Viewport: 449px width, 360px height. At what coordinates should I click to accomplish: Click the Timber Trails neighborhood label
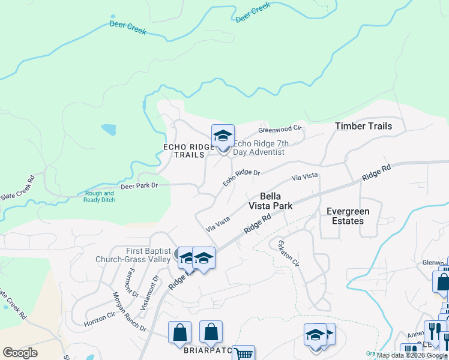click(x=363, y=126)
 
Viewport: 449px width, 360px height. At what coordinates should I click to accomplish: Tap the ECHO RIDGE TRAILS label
click(x=189, y=151)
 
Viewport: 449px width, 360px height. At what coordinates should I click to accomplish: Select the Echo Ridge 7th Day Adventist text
click(x=261, y=148)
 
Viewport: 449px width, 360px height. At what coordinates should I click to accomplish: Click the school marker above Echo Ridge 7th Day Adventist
click(x=223, y=136)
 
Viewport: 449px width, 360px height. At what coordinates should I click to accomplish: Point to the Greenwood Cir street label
click(x=279, y=129)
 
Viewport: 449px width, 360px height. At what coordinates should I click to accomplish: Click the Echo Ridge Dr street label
click(x=241, y=178)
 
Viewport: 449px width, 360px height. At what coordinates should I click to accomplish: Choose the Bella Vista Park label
click(x=271, y=201)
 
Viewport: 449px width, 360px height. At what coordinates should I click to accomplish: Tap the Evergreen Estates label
click(x=348, y=216)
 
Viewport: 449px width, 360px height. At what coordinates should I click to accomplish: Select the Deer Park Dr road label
click(x=139, y=186)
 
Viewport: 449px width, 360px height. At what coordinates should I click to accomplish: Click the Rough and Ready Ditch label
click(x=99, y=197)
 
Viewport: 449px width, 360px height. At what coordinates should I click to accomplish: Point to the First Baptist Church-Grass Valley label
click(x=133, y=255)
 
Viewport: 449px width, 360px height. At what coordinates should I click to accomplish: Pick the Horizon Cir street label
click(x=100, y=319)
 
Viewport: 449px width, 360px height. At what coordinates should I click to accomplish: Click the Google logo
click(x=20, y=353)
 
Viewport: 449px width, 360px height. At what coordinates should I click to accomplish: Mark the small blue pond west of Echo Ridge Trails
click(x=109, y=130)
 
